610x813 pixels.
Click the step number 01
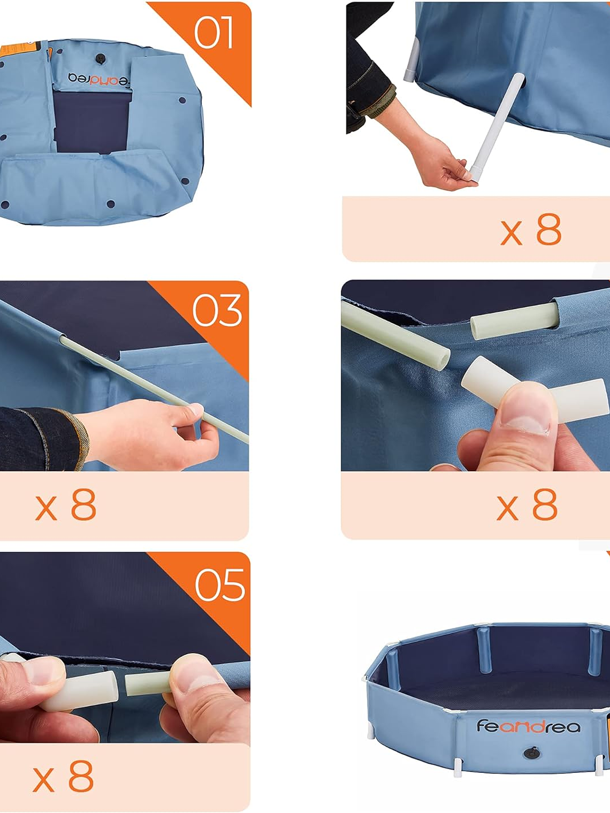[x=213, y=33]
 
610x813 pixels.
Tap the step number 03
[x=217, y=311]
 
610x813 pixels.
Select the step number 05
[x=220, y=585]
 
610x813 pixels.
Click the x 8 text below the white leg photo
[x=531, y=230]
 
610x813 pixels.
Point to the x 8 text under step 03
[x=66, y=505]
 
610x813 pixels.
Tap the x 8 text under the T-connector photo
[x=527, y=505]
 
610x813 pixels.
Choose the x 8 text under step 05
[x=63, y=777]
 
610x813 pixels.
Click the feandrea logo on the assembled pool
[x=528, y=726]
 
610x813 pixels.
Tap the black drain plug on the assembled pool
[x=531, y=754]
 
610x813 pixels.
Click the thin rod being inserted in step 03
[x=161, y=390]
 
